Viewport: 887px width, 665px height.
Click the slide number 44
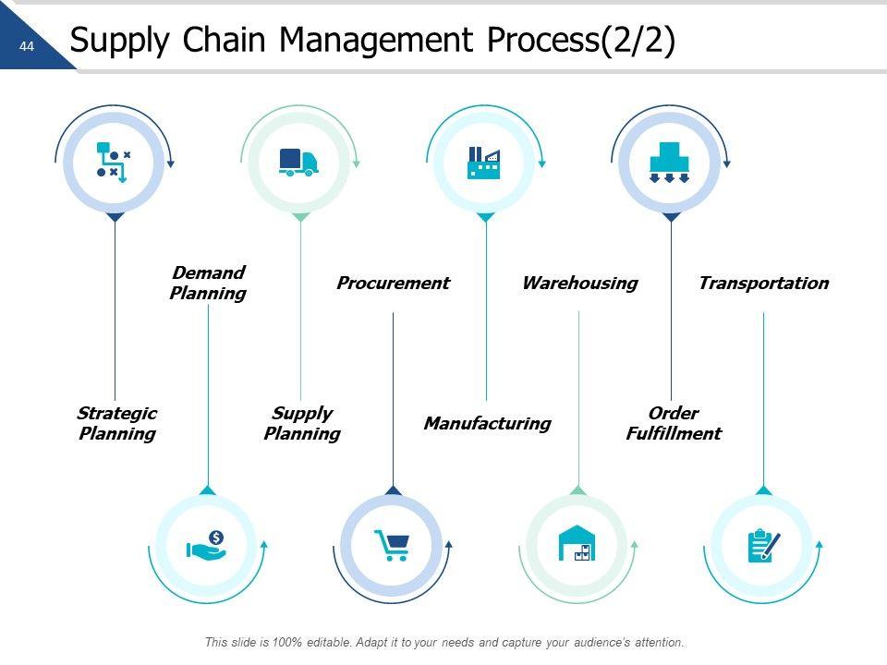(26, 46)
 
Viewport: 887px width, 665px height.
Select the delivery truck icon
(298, 162)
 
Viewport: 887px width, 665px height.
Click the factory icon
(484, 163)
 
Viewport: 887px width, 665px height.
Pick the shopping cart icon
(391, 545)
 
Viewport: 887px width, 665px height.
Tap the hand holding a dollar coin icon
(206, 545)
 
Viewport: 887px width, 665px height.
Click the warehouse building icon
(577, 543)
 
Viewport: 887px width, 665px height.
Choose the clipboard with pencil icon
(763, 545)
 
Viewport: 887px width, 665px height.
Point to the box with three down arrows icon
(670, 163)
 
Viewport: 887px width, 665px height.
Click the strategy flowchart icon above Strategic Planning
(114, 162)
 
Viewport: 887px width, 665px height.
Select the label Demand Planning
(208, 283)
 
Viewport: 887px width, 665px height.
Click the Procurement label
(393, 283)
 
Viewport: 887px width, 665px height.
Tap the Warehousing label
(579, 283)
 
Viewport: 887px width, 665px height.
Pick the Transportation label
(763, 283)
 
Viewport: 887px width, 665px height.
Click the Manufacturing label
(487, 423)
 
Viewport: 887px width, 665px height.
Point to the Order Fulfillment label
(673, 423)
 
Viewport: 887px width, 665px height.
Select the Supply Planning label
(302, 423)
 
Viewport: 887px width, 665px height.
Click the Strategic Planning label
(116, 423)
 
